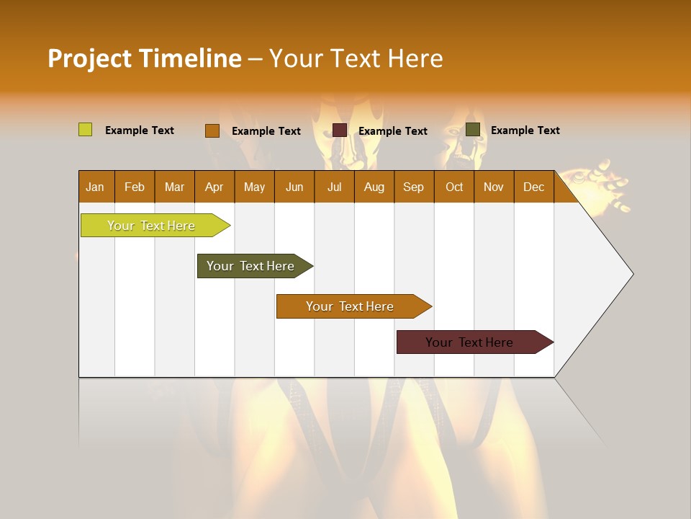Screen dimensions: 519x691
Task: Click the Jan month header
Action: point(95,187)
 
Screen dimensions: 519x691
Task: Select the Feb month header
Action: point(135,187)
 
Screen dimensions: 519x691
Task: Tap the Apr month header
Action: point(214,187)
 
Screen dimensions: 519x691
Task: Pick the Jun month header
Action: point(294,187)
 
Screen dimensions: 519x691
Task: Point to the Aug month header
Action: point(374,187)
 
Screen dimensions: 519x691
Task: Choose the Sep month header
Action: point(413,187)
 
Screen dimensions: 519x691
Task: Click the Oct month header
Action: point(454,187)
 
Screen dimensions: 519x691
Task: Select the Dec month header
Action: point(533,187)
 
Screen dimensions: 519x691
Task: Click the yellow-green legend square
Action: point(85,130)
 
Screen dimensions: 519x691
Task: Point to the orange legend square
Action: point(212,130)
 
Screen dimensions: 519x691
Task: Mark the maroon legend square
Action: point(340,130)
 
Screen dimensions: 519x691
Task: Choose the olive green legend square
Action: point(472,129)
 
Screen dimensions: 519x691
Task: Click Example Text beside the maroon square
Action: point(392,130)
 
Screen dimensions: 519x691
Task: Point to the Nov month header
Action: point(493,187)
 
